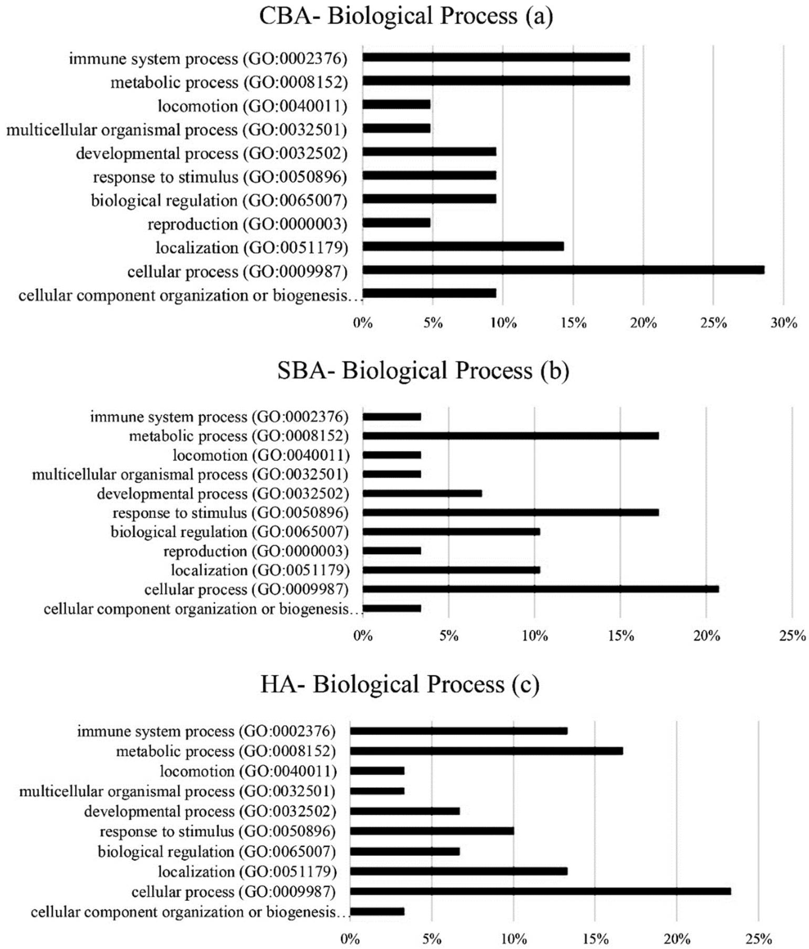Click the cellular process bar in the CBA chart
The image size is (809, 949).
563,270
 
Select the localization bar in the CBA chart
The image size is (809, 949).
463,246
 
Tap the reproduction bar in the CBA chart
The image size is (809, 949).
396,223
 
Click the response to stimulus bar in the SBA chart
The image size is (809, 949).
511,513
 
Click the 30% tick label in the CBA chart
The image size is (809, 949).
783,323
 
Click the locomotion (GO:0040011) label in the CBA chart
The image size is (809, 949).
252,106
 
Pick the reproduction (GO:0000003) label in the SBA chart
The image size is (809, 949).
256,551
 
